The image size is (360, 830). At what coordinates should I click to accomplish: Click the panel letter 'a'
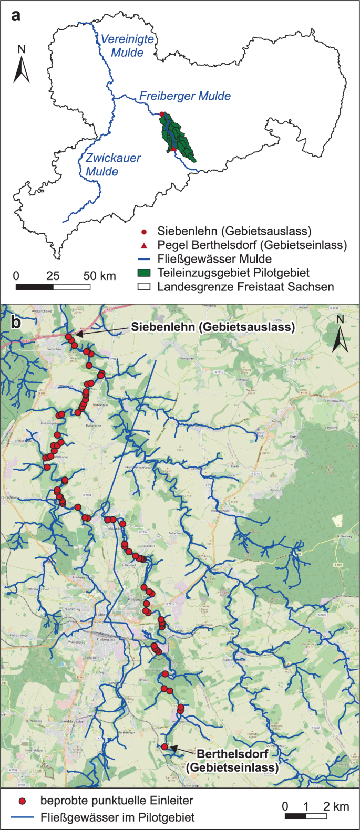click(16, 15)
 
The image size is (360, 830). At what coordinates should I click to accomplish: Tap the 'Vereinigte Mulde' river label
click(127, 46)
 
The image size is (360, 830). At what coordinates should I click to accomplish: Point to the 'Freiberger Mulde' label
click(185, 96)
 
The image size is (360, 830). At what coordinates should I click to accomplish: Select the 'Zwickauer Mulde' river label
click(112, 164)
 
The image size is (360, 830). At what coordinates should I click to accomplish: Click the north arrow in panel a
click(22, 66)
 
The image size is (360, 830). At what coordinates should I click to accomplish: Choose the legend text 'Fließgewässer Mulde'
click(214, 259)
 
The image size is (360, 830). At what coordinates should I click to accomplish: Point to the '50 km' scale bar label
click(100, 276)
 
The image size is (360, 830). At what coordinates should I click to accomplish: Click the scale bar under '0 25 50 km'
click(53, 287)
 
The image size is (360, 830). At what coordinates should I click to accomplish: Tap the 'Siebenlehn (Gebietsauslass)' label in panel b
click(213, 327)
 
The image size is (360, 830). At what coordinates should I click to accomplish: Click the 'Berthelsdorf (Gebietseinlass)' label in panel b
click(232, 761)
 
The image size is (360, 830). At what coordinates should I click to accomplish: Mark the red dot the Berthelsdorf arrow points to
click(164, 746)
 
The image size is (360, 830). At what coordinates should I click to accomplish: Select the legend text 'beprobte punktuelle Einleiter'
click(117, 801)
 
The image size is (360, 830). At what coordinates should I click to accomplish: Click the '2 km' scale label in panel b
click(336, 806)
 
